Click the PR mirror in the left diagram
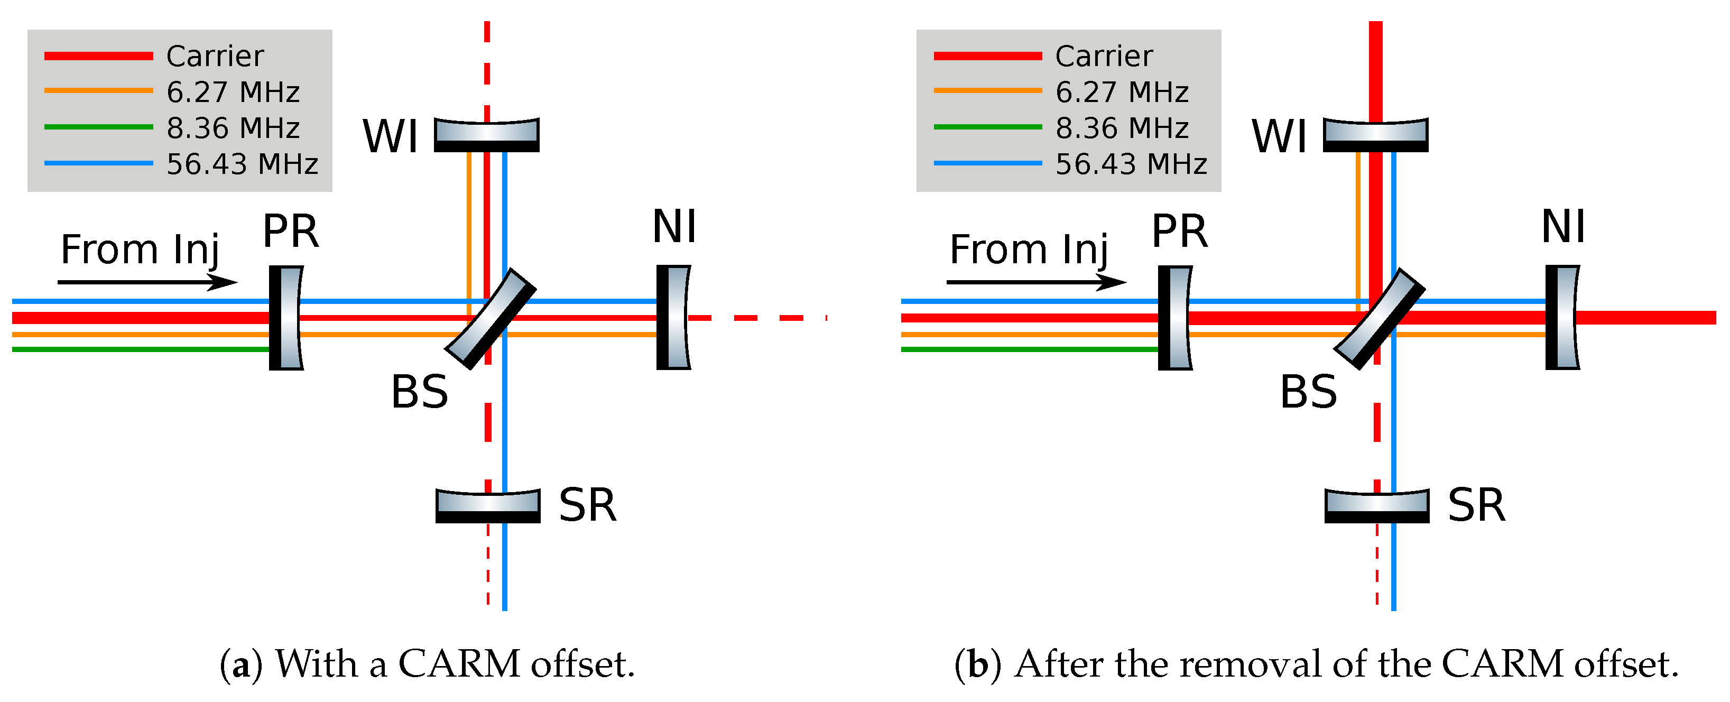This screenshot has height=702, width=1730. pyautogui.click(x=286, y=318)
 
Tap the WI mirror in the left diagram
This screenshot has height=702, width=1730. pyautogui.click(x=487, y=134)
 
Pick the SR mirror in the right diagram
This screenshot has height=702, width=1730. pyautogui.click(x=1377, y=506)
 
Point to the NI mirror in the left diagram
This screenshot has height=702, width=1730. pyautogui.click(x=673, y=318)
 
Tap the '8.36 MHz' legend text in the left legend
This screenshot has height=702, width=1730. pyautogui.click(x=233, y=127)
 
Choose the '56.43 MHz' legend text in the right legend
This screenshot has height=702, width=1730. pyautogui.click(x=1132, y=164)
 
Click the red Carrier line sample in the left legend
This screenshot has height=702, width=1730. pyautogui.click(x=99, y=56)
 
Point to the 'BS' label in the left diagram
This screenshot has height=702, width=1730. pyautogui.click(x=420, y=392)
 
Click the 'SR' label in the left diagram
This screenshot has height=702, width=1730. pyautogui.click(x=588, y=505)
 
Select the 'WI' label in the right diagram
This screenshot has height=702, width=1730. pyautogui.click(x=1279, y=136)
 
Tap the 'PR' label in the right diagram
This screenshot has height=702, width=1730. pyautogui.click(x=1180, y=232)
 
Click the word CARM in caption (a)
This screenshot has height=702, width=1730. pyautogui.click(x=459, y=664)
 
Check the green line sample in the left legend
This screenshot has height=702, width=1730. pyautogui.click(x=99, y=127)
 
